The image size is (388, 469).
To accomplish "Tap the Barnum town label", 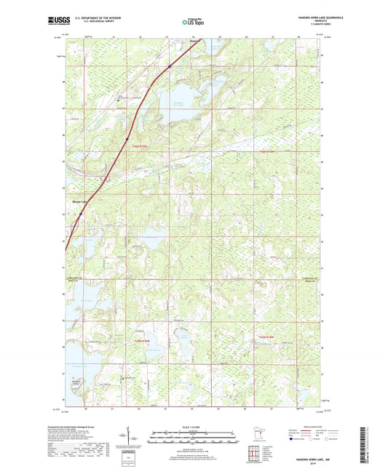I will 190,42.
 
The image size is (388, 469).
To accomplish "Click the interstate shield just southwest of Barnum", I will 168,66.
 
